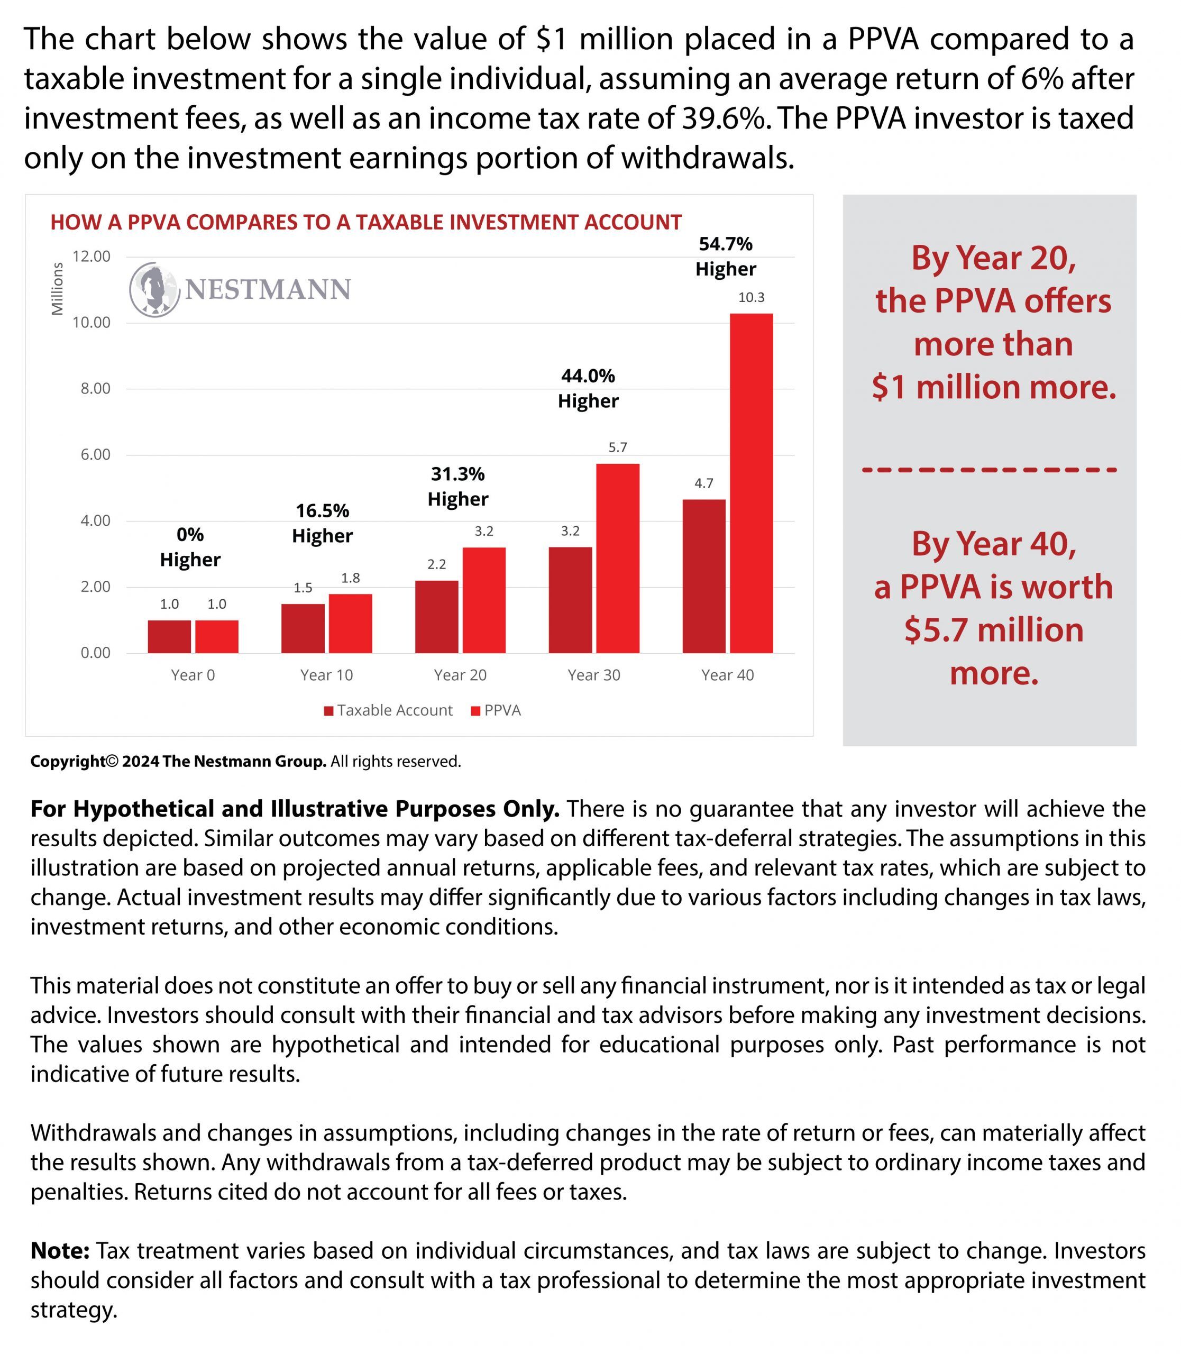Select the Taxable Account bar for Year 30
pos(570,600)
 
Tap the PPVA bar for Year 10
pos(351,623)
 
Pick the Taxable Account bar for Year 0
pos(169,636)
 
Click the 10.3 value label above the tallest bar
pos(752,297)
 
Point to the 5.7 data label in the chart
pos(618,447)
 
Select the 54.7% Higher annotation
pos(726,257)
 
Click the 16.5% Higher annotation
pos(322,523)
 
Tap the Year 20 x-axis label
pos(460,675)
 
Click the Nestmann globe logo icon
pos(154,289)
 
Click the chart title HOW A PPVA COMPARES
pos(366,222)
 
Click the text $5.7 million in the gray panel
pos(993,629)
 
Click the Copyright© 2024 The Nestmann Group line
pos(245,762)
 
